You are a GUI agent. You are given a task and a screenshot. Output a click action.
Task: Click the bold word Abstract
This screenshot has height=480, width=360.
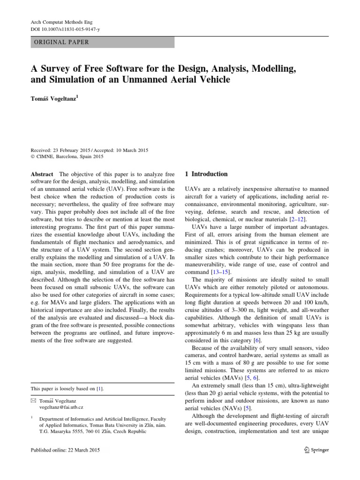(x=42, y=174)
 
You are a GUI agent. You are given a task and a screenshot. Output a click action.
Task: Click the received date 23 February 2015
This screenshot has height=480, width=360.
(x=73, y=150)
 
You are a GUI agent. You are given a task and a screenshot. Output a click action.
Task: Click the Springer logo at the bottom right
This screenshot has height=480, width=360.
(x=314, y=450)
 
